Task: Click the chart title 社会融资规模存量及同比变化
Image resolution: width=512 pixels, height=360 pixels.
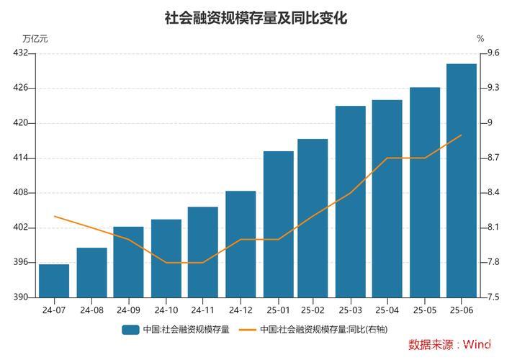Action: (256, 18)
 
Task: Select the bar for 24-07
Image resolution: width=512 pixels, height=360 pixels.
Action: (54, 281)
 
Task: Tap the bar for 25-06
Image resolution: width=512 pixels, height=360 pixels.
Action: (462, 180)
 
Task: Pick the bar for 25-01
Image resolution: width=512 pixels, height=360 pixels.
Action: (278, 224)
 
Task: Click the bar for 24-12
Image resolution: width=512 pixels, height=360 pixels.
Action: (241, 244)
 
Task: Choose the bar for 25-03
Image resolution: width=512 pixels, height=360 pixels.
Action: (351, 202)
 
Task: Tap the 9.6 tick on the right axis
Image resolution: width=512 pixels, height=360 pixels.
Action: (493, 53)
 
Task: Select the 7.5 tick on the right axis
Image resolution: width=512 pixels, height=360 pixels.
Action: (493, 297)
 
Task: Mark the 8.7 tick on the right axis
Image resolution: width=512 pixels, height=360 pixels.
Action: (493, 158)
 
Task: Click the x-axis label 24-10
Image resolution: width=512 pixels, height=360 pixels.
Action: (166, 310)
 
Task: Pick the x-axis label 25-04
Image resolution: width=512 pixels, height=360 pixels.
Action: (387, 310)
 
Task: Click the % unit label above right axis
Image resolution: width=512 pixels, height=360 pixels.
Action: (480, 39)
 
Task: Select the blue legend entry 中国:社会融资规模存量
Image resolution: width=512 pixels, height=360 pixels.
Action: (176, 330)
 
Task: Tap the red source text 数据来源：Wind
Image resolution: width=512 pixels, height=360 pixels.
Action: (449, 345)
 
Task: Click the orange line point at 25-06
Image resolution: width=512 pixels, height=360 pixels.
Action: (462, 135)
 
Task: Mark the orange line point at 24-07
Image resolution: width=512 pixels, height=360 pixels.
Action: (54, 216)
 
